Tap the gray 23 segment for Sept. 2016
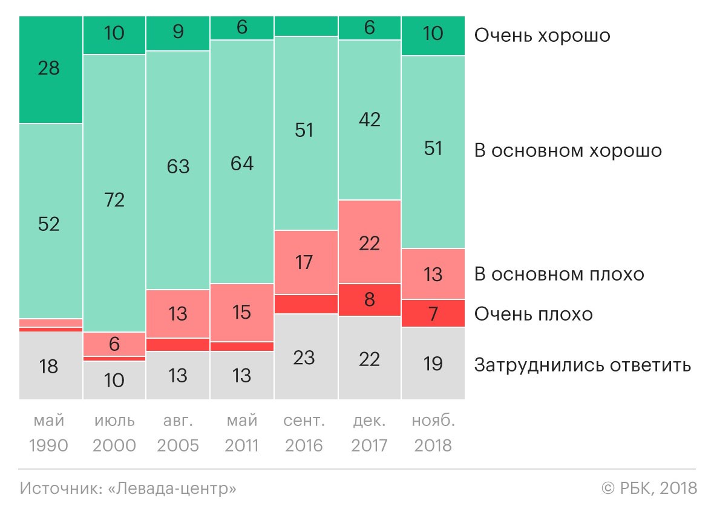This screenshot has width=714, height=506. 306,357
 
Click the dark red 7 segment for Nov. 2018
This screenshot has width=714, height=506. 433,314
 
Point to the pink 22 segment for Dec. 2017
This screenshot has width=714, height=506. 369,242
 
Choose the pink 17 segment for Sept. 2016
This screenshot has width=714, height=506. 306,262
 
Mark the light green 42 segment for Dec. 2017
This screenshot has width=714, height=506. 369,120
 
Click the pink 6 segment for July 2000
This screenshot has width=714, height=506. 114,344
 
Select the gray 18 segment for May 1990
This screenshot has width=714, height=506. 50,366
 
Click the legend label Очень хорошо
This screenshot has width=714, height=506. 542,36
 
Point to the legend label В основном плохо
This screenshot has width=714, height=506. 559,275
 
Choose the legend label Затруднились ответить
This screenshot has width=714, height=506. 582,365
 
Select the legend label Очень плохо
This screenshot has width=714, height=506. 533,314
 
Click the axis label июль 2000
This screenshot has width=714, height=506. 114,433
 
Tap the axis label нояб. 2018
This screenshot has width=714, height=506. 433,433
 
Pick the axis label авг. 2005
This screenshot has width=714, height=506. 178,433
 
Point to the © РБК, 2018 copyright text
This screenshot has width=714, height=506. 649,488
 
